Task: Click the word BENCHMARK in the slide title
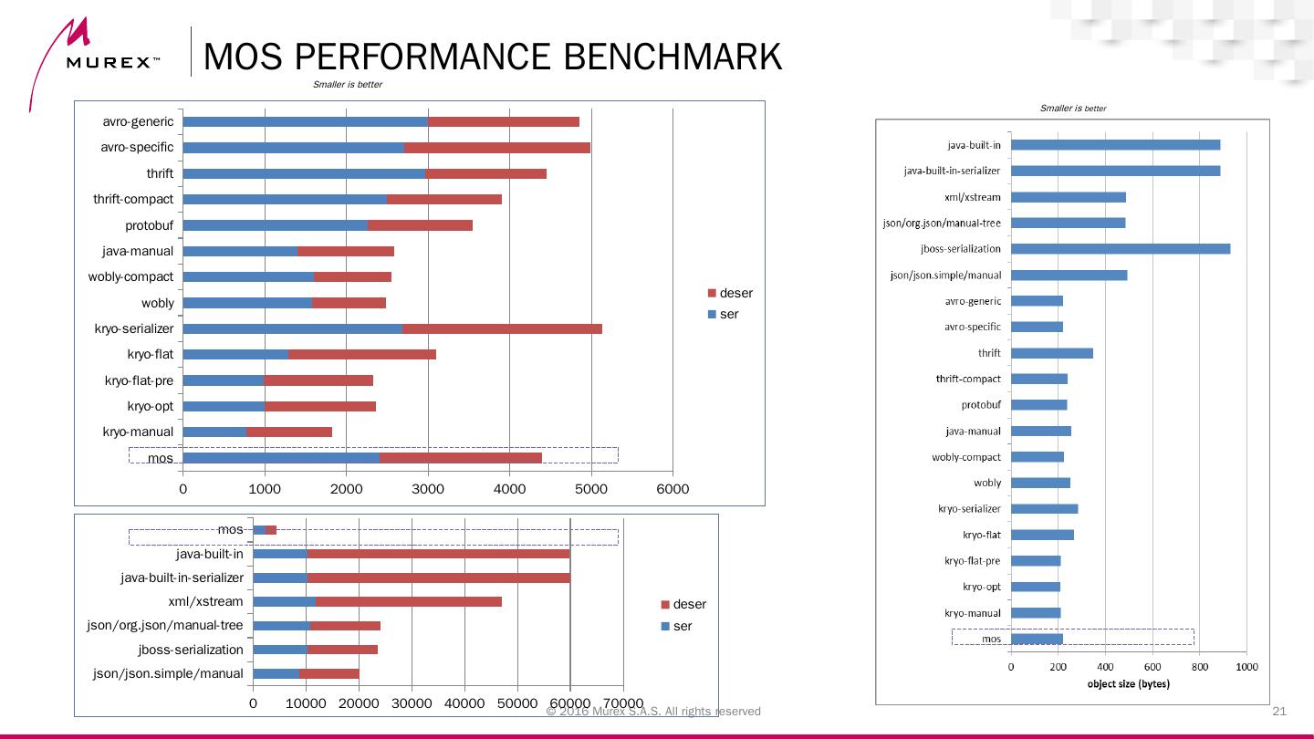pos(673,57)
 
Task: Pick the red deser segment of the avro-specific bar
pos(497,148)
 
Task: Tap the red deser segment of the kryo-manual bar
pos(288,432)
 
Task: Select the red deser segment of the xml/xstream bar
pos(409,601)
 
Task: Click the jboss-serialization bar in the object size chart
pos(1121,249)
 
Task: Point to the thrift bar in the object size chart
pos(1052,353)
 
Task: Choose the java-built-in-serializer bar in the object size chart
pos(1115,171)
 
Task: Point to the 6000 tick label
pos(673,489)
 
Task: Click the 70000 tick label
pos(623,703)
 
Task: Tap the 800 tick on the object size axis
pos(1200,667)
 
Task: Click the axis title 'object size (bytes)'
pos(1129,683)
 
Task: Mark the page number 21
pos(1278,712)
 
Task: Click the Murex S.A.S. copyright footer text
pos(653,712)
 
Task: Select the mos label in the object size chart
pos(991,639)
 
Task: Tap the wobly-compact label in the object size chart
pos(966,457)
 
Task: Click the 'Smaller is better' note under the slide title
pos(348,85)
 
